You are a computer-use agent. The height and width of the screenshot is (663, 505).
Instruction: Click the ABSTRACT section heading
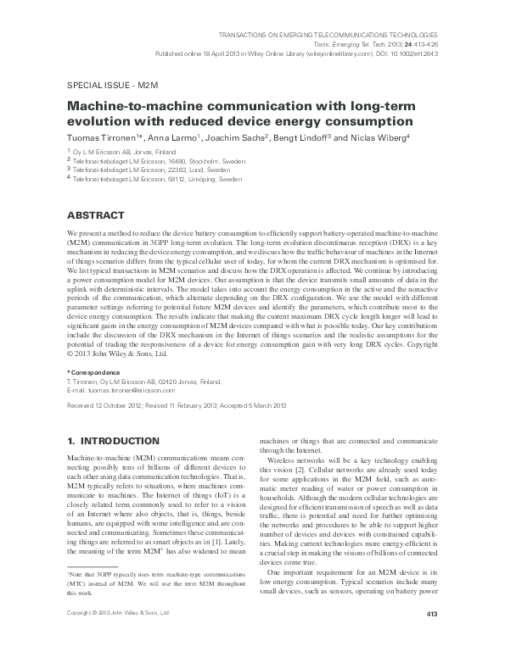[95, 215]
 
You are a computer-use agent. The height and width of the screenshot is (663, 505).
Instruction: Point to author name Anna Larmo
[175, 138]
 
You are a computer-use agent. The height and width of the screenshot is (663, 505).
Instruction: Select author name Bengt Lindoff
[309, 138]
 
